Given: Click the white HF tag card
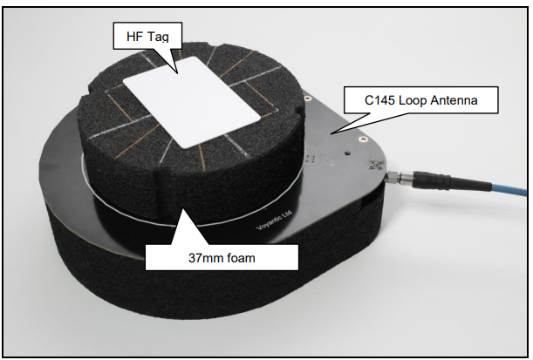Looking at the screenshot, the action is tap(192, 102).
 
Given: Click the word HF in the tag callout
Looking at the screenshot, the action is tap(134, 37).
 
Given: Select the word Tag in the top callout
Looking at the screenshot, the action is tap(157, 37).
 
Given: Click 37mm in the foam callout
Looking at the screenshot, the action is tap(203, 258).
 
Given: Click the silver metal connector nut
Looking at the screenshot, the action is tap(394, 177).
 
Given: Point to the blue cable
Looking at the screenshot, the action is tap(509, 189).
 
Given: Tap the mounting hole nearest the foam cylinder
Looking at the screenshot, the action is tap(308, 98).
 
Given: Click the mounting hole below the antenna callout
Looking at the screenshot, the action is tap(363, 139).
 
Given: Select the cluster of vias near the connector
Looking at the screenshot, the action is tap(376, 165).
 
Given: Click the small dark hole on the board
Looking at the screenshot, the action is tap(347, 153).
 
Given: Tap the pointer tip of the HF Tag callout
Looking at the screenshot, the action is tap(177, 72).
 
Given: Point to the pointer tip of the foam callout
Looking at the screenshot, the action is tap(183, 209).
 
